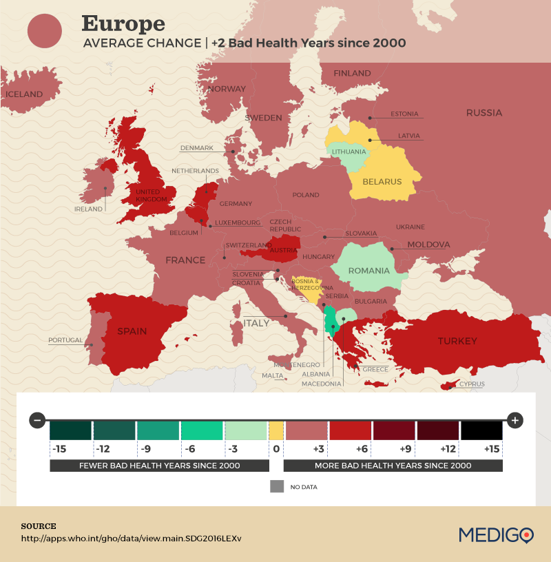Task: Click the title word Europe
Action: pyautogui.click(x=123, y=23)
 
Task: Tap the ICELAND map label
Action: pyautogui.click(x=24, y=94)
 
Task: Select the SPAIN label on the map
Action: pyautogui.click(x=132, y=331)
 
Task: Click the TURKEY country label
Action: pyautogui.click(x=457, y=341)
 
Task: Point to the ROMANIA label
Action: pyautogui.click(x=368, y=271)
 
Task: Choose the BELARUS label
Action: pyautogui.click(x=383, y=182)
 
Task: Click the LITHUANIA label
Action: pyautogui.click(x=349, y=152)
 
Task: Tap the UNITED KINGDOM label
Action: pyautogui.click(x=152, y=196)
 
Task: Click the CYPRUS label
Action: pyautogui.click(x=472, y=384)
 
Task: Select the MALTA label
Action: pyautogui.click(x=273, y=376)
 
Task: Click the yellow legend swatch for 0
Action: pyautogui.click(x=275, y=430)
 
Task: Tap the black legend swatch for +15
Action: pyautogui.click(x=481, y=430)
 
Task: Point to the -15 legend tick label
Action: pyautogui.click(x=59, y=449)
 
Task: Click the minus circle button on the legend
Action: pyautogui.click(x=38, y=419)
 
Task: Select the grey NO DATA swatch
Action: pyautogui.click(x=277, y=486)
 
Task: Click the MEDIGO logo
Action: pyautogui.click(x=496, y=534)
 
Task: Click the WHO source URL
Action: pyautogui.click(x=131, y=538)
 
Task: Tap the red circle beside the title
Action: pyautogui.click(x=45, y=31)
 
